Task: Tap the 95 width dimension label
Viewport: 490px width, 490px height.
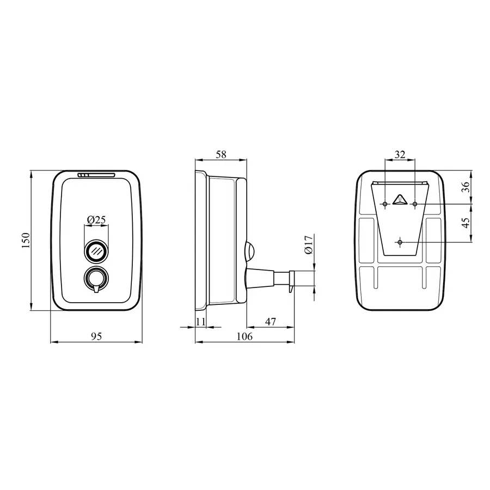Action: pos(96,336)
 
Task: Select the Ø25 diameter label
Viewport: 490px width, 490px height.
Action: pos(96,220)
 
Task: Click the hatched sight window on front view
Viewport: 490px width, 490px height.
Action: pos(96,251)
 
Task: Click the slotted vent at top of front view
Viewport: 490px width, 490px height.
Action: pos(96,175)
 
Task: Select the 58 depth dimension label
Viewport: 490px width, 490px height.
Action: pos(220,155)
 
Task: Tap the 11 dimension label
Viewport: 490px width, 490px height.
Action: pos(200,322)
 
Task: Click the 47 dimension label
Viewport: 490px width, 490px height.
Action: pos(270,322)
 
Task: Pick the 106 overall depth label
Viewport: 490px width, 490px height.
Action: pos(244,336)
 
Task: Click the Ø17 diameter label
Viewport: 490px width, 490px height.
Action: pos(308,244)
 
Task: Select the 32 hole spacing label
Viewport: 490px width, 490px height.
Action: pos(400,155)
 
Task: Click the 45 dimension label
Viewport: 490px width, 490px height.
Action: pos(465,223)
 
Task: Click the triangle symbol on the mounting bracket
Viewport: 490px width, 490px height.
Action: pos(400,199)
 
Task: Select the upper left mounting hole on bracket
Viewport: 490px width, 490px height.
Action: pos(385,204)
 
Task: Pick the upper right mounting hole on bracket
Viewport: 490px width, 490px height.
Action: pos(415,204)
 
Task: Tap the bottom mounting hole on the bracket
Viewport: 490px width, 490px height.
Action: pos(400,241)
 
